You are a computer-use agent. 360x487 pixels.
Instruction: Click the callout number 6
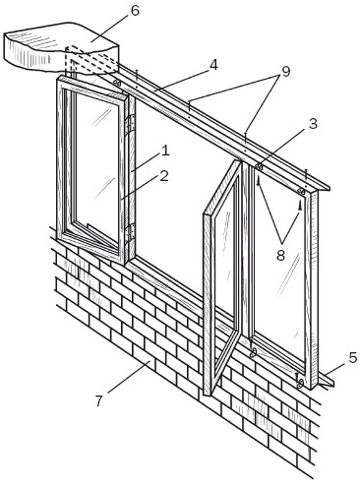coord(135,11)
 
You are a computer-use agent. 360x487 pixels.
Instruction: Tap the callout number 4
coord(213,65)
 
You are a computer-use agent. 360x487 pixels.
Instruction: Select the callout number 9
coord(286,71)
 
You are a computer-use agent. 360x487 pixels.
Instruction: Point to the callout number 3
coord(313,124)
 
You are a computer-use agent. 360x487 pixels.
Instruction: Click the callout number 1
coord(165,151)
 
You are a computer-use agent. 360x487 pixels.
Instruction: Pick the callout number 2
coord(164,176)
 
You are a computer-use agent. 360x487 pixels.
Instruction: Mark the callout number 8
coord(280,255)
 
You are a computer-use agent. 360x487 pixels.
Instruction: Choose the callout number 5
coord(352,357)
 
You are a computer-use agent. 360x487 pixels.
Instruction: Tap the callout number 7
coord(98,400)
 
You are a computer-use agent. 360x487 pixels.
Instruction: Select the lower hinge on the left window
coord(132,233)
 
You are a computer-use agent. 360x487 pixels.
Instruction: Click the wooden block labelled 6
coord(61,46)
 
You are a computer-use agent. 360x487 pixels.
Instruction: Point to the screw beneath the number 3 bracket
coord(259,180)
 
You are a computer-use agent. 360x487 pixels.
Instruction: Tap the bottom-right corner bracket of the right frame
coord(300,383)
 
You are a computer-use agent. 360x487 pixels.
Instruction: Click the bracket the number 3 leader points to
coord(259,167)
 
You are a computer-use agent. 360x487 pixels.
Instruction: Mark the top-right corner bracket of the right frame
coord(301,191)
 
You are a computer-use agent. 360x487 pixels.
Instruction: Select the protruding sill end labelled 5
coord(327,381)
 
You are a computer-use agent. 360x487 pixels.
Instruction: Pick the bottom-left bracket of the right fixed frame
coord(253,352)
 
